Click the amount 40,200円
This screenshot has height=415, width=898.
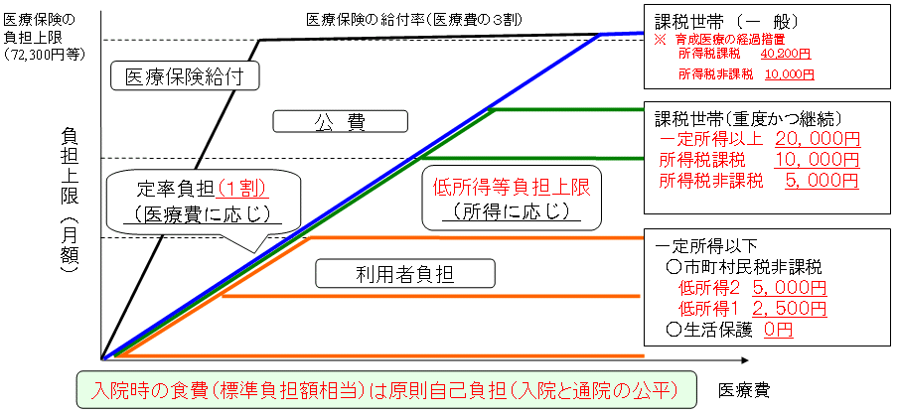(787, 55)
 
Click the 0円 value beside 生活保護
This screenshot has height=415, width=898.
(778, 330)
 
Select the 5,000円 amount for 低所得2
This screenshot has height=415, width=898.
(788, 288)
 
